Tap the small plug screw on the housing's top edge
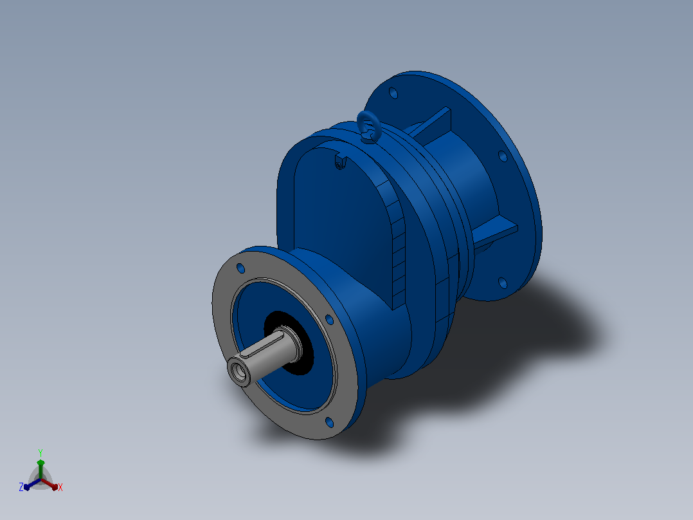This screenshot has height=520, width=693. [x=339, y=165]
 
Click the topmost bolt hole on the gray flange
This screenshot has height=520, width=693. [x=241, y=268]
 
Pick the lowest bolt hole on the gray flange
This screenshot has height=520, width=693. [x=329, y=422]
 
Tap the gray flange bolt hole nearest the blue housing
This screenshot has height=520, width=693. [x=329, y=319]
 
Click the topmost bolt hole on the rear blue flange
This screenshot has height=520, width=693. [x=393, y=93]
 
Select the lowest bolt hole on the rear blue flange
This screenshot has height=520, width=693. [x=503, y=283]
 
